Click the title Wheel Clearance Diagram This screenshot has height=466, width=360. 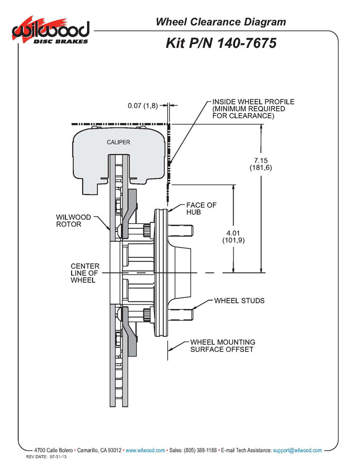pyautogui.click(x=221, y=22)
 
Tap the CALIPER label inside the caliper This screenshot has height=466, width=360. pyautogui.click(x=118, y=142)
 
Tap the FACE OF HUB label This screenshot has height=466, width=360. pyautogui.click(x=201, y=208)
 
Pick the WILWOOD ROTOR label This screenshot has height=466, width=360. pyautogui.click(x=74, y=221)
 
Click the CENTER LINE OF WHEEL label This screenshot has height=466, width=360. pyautogui.click(x=85, y=273)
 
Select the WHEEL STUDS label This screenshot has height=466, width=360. pyautogui.click(x=239, y=300)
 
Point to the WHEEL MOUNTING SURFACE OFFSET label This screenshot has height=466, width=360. pyautogui.click(x=223, y=346)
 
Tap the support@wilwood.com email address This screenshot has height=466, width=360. pyautogui.click(x=297, y=450)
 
